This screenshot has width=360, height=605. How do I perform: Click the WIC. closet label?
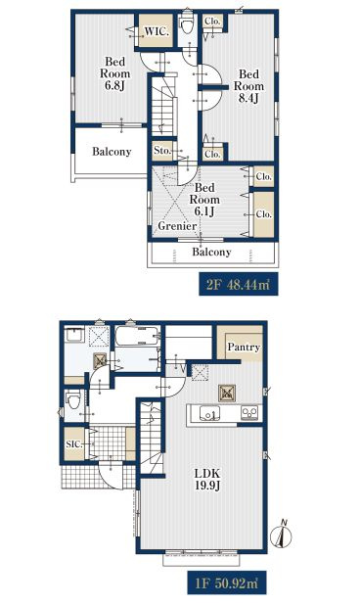coord(157,31)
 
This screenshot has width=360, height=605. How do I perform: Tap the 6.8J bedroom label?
coord(114,73)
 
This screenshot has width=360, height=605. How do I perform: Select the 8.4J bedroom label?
coord(248,85)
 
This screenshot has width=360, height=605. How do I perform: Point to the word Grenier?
coord(177,226)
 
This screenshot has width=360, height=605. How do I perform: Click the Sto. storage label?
coord(162,151)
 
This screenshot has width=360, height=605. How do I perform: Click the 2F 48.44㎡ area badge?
coord(238,285)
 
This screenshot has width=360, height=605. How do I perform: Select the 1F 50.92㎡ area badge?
coord(227,582)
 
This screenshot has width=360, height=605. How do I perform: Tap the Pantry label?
coord(244,348)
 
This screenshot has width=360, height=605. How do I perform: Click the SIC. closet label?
coord(74,444)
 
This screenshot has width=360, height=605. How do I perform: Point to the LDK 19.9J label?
coord(207,480)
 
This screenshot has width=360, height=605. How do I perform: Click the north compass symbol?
coord(282,535)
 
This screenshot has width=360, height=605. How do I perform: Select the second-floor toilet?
coord(187,25)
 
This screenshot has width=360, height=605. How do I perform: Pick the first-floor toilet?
coord(73,400)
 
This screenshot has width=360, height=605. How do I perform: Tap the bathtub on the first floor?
coord(137,337)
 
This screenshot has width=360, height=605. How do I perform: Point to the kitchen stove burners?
coord(249,413)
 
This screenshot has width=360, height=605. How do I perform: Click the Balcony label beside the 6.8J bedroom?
coord(112,152)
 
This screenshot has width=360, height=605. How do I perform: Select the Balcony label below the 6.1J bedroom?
coord(211,253)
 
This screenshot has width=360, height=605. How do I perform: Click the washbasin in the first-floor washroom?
coord(74,335)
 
